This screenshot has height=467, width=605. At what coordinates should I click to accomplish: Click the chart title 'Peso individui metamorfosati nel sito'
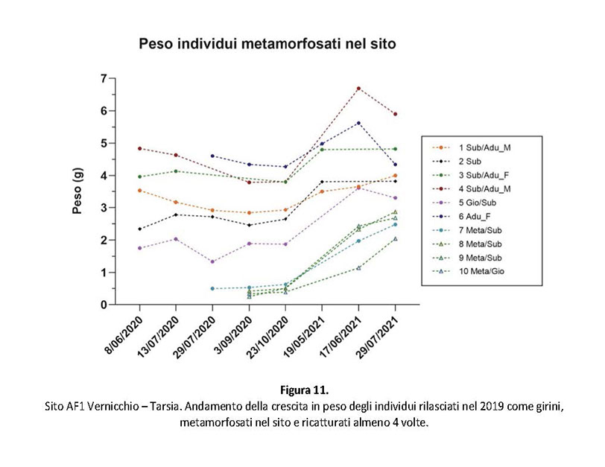click(x=267, y=45)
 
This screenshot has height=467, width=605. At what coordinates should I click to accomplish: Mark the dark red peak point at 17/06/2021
click(x=358, y=88)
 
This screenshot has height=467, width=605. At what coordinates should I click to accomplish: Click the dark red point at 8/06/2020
click(x=139, y=148)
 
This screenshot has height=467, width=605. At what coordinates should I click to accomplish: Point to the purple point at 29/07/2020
click(x=212, y=261)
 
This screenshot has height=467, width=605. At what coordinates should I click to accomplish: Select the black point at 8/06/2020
click(x=139, y=229)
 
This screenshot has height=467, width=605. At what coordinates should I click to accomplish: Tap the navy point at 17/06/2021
click(x=358, y=123)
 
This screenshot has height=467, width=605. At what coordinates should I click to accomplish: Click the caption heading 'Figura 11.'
click(x=301, y=389)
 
